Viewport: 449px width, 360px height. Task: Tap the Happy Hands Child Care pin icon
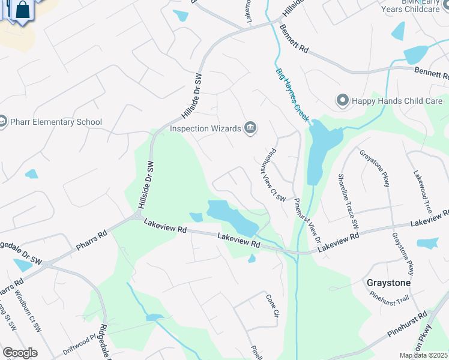tap(342, 101)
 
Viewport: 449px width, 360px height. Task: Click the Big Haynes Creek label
tap(292, 95)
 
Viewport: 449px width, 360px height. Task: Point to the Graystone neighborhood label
tap(388, 282)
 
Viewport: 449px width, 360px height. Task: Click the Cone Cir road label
tap(273, 306)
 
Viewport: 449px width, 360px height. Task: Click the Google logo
tap(20, 353)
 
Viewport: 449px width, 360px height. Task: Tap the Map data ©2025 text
tap(424, 355)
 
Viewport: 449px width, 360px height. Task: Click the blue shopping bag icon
tap(22, 10)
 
